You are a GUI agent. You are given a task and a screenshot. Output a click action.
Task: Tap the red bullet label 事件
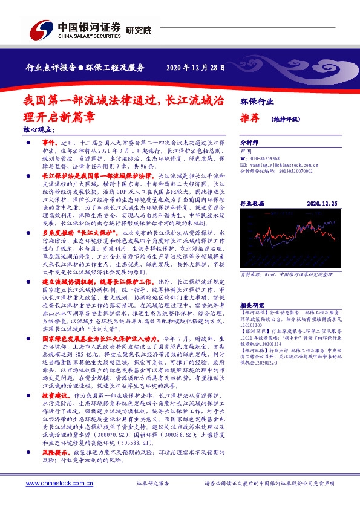(48, 140)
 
